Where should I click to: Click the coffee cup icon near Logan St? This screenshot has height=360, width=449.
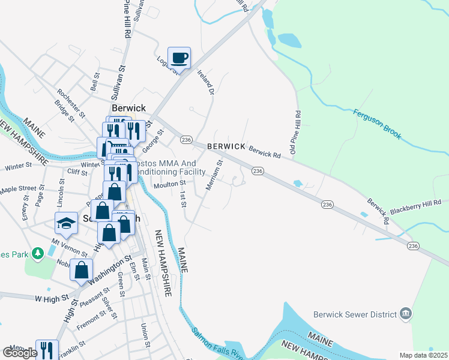pyautogui.click(x=179, y=58)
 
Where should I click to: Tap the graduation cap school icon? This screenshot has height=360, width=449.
pyautogui.click(x=67, y=223)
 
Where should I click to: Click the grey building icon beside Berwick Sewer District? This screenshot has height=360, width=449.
pyautogui.click(x=406, y=314)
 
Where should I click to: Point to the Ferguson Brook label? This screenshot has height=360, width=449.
pyautogui.click(x=377, y=125)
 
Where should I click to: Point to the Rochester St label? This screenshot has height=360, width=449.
pyautogui.click(x=70, y=103)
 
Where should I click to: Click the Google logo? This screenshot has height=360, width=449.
pyautogui.click(x=19, y=353)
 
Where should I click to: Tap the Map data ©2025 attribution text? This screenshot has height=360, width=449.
pyautogui.click(x=423, y=355)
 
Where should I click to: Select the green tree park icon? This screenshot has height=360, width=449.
pyautogui.click(x=37, y=254)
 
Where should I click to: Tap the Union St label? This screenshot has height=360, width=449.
pyautogui.click(x=145, y=335)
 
